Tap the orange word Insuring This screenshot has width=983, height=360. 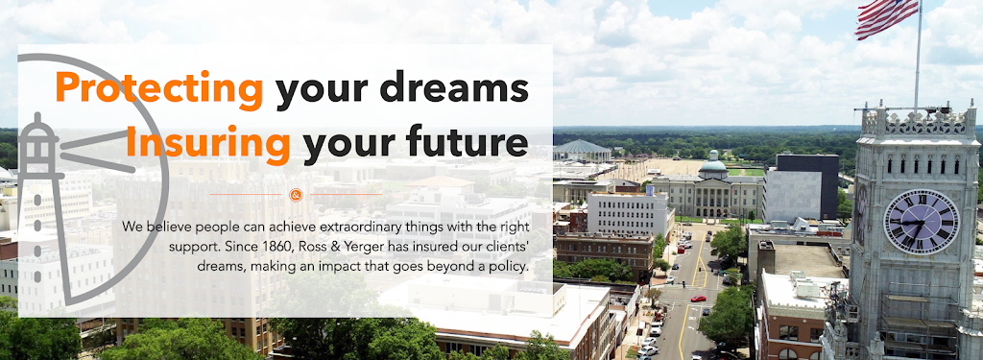[x=208, y=142]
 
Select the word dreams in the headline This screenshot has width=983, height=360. [x=454, y=86]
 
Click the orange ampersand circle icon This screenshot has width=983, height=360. [x=296, y=195]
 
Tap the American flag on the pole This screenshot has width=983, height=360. [x=886, y=17]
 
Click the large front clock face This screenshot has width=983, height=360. [x=921, y=222]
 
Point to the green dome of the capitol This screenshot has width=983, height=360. [x=713, y=164]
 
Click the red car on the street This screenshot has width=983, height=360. [x=698, y=299]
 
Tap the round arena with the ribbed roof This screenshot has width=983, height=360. [x=582, y=150]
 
